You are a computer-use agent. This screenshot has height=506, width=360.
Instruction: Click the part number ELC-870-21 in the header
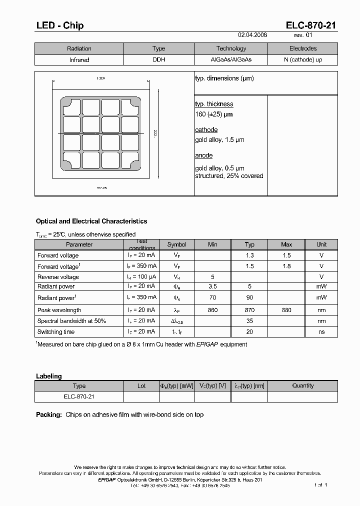click(311, 25)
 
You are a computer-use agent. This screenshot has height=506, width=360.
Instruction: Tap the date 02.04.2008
click(252, 35)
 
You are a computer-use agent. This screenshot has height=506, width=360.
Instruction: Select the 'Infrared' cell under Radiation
click(79, 60)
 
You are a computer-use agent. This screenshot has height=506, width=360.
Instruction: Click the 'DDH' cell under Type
click(158, 60)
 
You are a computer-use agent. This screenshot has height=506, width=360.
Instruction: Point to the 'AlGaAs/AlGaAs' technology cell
click(231, 60)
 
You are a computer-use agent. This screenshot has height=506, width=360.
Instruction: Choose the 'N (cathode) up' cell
click(302, 60)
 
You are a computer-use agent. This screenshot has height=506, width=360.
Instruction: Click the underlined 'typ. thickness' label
click(214, 104)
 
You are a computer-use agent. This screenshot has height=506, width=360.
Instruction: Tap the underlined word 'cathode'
click(206, 130)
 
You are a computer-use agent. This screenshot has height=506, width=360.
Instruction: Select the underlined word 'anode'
click(203, 155)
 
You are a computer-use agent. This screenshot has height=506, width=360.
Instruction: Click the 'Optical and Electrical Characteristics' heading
click(91, 221)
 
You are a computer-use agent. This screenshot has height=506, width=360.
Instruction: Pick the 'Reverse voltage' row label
click(58, 277)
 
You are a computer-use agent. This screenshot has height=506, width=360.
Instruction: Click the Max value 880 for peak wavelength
click(286, 310)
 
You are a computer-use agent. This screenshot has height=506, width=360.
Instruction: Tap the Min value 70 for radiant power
click(212, 298)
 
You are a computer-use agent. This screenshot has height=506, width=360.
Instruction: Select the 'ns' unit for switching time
click(321, 332)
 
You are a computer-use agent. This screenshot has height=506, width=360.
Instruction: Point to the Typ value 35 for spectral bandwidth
click(249, 321)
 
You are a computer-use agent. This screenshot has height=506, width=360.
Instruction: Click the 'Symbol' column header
click(176, 244)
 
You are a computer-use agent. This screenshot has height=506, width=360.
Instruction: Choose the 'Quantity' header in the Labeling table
click(302, 385)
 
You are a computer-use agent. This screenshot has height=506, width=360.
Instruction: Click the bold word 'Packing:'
click(49, 414)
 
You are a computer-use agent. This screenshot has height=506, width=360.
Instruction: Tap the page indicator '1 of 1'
click(320, 484)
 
